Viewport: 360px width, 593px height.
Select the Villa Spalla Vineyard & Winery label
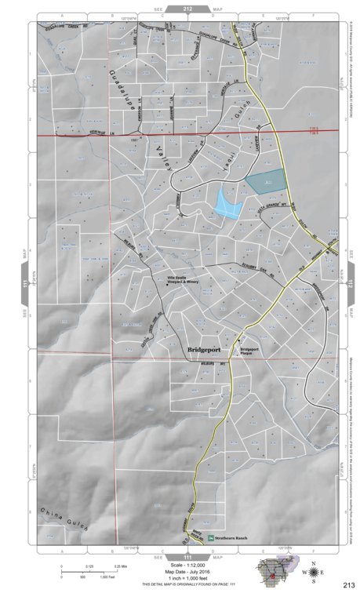click(x=181, y=280)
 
